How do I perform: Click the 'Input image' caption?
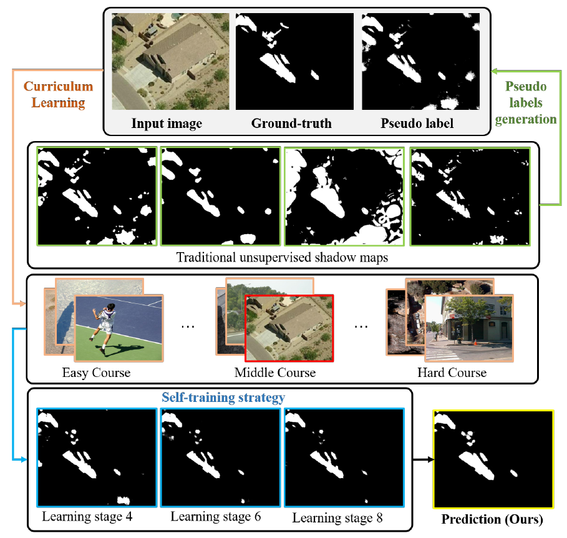pos(167,123)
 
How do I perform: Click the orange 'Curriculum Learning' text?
pos(59,94)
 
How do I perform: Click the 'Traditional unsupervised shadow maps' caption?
pos(281,257)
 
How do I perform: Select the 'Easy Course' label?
pos(96,373)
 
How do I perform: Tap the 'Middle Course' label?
pos(275,373)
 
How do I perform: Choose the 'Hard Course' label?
pos(452,373)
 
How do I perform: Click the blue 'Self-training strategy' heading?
pos(223,397)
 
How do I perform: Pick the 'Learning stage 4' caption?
pos(87,517)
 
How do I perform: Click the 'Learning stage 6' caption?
pos(215,517)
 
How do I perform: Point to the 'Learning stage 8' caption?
pos(337,517)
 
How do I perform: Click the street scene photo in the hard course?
pos(468,328)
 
